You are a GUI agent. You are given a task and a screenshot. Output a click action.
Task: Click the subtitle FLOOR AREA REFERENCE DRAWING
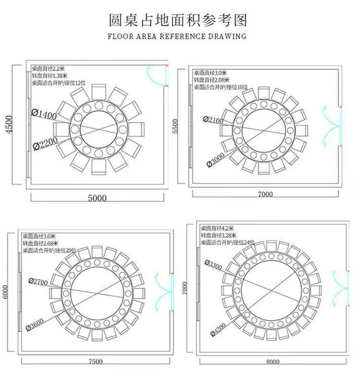click(x=177, y=36)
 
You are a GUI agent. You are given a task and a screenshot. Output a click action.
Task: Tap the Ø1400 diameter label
click(x=45, y=113)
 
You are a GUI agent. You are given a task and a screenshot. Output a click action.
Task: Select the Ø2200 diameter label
click(x=46, y=143)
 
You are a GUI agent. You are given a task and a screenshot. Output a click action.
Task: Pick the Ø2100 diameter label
click(x=213, y=119)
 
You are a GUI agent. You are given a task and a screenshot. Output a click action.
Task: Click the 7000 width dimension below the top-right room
click(x=265, y=194)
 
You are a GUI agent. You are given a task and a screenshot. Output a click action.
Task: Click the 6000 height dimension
click(x=5, y=291)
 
